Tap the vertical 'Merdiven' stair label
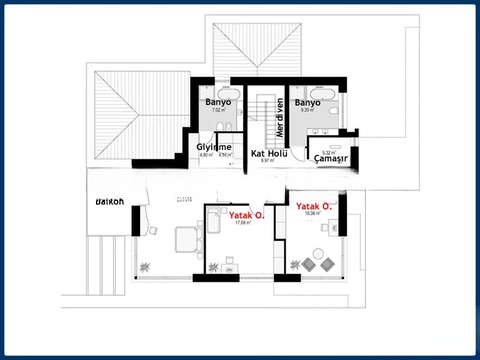point(279,118)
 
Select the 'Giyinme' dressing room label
point(214,147)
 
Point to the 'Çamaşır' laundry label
point(332,158)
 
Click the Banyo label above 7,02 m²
point(218,103)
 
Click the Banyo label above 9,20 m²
point(307,103)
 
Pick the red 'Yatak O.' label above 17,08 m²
point(247,214)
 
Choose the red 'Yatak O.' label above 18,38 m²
point(314,206)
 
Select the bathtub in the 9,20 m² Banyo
point(322,94)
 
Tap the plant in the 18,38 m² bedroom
point(295,264)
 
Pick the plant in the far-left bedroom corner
point(145,266)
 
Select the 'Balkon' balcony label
point(110,202)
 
